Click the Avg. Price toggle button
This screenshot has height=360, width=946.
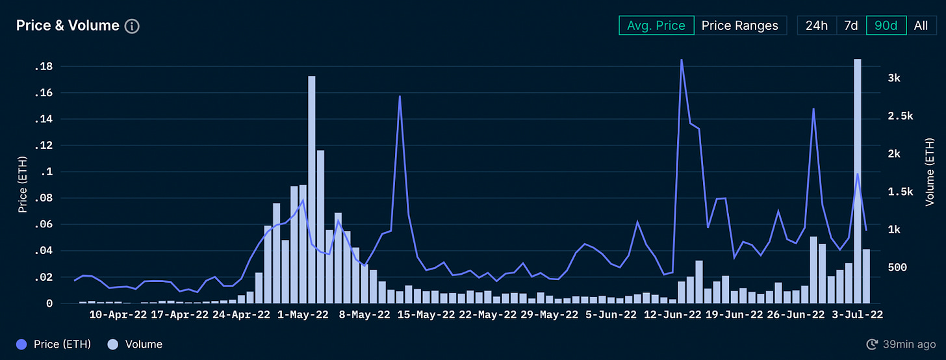(x=656, y=25)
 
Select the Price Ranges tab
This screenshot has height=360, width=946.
(x=739, y=25)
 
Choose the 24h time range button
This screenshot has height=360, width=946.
(x=817, y=25)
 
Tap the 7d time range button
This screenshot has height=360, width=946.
(x=851, y=25)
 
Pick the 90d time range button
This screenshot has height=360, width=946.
(x=886, y=25)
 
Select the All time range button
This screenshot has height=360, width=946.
(x=921, y=25)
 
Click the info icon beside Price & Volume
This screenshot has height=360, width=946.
(x=132, y=26)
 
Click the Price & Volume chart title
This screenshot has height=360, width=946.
(x=68, y=25)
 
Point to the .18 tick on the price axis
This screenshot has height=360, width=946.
(x=45, y=66)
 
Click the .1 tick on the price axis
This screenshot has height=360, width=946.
(x=48, y=172)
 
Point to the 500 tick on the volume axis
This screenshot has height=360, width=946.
(x=897, y=268)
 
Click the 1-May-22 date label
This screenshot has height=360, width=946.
(x=303, y=315)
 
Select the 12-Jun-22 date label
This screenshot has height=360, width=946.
(x=673, y=315)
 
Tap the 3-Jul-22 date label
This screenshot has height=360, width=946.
(x=857, y=315)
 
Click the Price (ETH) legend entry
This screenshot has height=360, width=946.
(x=53, y=344)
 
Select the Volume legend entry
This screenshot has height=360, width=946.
(x=136, y=344)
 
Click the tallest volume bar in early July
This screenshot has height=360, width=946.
(x=857, y=181)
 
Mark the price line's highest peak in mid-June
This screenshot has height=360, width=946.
(x=681, y=60)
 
